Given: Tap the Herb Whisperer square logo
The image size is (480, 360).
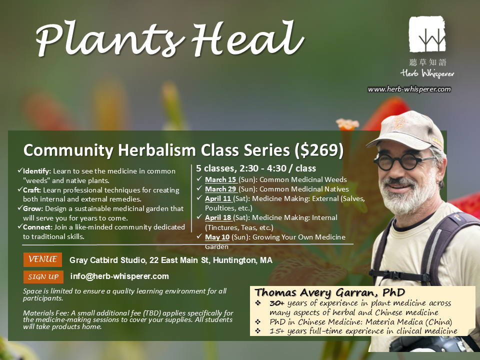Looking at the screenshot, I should tap(427, 35).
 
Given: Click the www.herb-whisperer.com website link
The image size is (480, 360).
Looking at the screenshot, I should tap(409, 89).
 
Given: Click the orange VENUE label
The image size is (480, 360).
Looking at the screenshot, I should tap(42, 260).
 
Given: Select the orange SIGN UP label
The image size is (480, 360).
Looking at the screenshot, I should tap(43, 276).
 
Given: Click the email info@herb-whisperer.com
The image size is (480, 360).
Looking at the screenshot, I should tap(119, 276).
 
